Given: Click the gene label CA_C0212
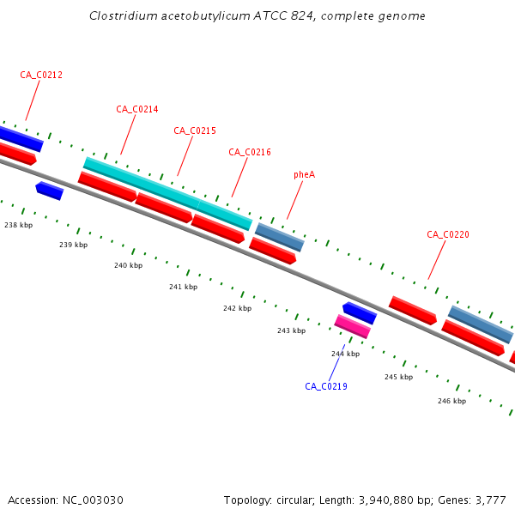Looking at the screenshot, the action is (x=41, y=75).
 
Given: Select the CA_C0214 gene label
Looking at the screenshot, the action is (x=137, y=109).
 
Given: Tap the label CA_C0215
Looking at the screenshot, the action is (x=195, y=130).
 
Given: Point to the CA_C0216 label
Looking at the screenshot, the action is (x=250, y=152).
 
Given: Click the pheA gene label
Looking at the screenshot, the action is (x=304, y=174).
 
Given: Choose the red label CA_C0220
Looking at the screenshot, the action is (x=448, y=234).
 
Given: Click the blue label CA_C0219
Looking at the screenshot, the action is (x=326, y=386).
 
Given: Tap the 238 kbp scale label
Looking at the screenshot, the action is (x=18, y=225).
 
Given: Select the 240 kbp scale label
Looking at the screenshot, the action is (x=128, y=265).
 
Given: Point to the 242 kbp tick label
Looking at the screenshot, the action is (x=237, y=308).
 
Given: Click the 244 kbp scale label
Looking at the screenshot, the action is (x=345, y=354).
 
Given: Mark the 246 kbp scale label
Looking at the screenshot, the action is (x=451, y=401).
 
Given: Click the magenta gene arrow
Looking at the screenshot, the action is (x=352, y=326).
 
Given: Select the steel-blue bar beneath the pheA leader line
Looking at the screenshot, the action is (x=279, y=237).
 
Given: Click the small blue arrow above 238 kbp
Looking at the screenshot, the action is (x=49, y=191).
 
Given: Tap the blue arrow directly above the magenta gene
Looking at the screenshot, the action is (x=359, y=312).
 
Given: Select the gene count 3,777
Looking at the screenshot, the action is (x=489, y=500).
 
